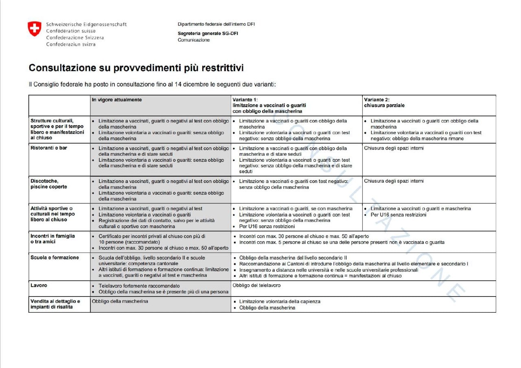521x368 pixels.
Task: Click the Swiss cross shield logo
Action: click(x=35, y=29)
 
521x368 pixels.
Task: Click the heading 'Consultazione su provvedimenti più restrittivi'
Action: click(x=136, y=68)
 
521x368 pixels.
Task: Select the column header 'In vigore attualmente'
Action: click(x=117, y=100)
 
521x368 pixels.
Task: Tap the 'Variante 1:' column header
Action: click(x=245, y=100)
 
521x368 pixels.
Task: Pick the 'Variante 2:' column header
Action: click(x=377, y=100)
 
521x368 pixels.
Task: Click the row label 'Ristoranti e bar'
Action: click(x=49, y=148)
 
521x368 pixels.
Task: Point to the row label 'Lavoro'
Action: click(x=39, y=285)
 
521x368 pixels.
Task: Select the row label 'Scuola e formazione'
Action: click(x=55, y=258)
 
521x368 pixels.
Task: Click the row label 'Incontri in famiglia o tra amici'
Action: click(x=53, y=239)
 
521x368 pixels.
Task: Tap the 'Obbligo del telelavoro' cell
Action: click(x=256, y=285)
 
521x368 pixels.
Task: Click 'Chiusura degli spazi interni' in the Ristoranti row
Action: click(x=394, y=148)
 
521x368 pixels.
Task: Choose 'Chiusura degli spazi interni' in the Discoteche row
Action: click(x=394, y=181)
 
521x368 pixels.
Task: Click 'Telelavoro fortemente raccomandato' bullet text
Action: click(x=139, y=286)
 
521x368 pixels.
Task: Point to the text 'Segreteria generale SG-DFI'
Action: click(x=208, y=33)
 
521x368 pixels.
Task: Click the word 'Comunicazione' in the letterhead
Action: click(x=194, y=40)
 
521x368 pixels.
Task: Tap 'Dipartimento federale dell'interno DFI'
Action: click(x=216, y=24)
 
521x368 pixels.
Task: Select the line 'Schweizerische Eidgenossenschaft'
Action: click(x=86, y=24)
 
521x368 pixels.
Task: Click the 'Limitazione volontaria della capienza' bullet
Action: click(x=280, y=302)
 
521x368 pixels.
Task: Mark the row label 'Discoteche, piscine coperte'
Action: click(x=48, y=184)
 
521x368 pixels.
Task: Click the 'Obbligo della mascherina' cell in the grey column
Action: click(x=120, y=301)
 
